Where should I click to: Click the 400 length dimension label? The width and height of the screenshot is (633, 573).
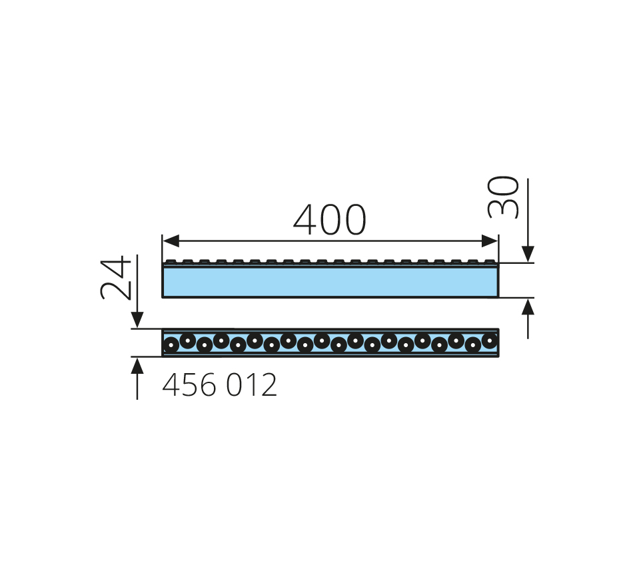pos(329,220)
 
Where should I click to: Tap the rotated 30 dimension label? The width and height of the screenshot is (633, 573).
pos(503,197)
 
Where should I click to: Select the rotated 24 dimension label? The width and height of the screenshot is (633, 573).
pos(116,278)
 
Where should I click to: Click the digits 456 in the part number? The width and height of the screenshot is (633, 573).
pos(189,384)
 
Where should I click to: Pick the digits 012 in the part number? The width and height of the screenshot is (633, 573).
pos(251,384)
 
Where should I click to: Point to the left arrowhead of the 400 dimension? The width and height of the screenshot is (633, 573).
pos(171,241)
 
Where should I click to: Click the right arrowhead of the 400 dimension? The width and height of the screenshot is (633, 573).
pos(490,241)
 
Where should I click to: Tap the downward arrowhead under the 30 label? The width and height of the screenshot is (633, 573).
pos(528,255)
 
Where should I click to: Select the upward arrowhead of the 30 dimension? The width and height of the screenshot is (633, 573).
pos(528,306)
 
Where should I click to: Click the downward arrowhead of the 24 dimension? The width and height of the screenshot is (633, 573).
pos(137,320)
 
